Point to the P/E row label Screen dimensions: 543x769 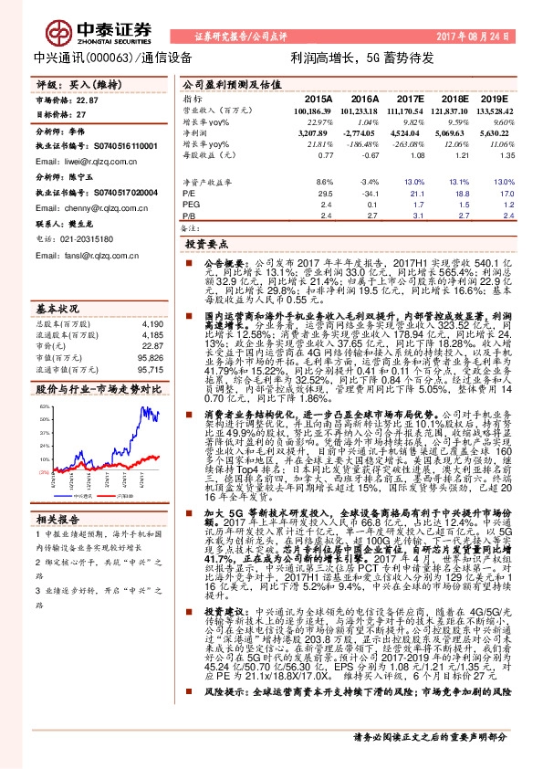click(189, 194)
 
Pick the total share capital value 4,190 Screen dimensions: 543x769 click(151, 323)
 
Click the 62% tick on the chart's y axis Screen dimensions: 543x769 click(42, 406)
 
